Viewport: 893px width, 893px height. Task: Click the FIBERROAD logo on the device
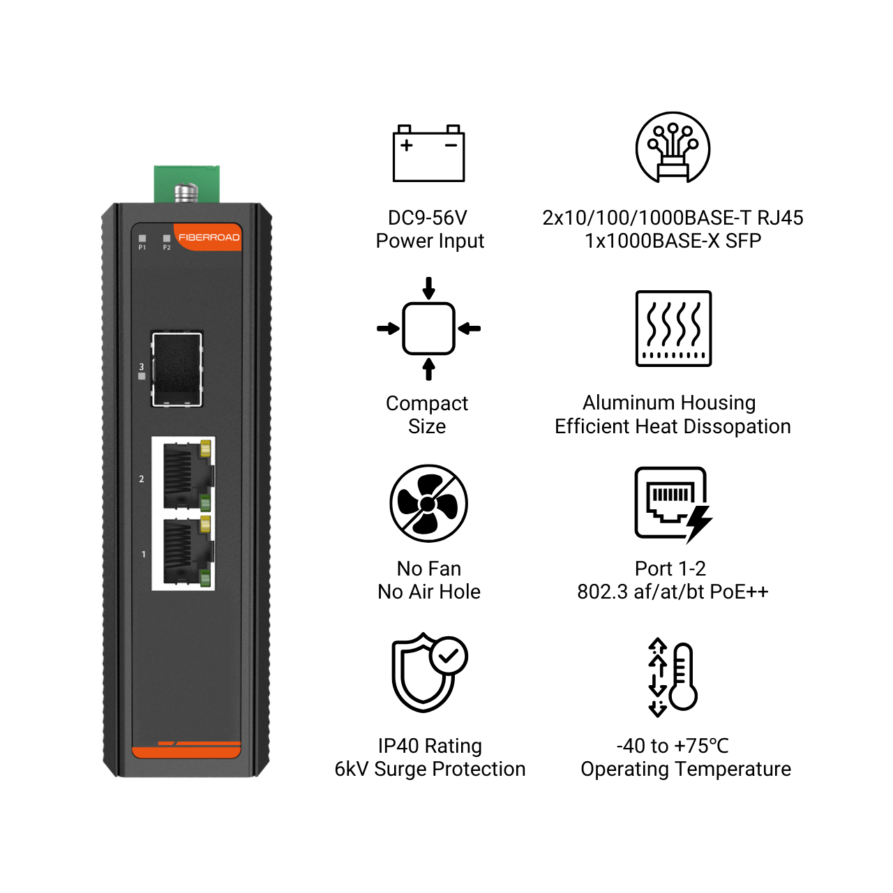209,237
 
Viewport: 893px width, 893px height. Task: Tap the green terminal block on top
187,184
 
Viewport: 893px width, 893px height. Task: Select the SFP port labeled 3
177,369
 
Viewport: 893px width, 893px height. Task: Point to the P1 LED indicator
142,238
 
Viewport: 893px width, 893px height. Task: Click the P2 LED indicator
167,238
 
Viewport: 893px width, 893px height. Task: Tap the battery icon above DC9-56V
428,153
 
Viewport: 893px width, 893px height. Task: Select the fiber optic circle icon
673,147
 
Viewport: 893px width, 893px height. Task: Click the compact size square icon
428,329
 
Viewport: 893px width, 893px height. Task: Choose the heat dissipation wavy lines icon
673,328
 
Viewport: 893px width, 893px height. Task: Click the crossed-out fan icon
428,503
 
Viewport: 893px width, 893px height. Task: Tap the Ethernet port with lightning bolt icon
673,504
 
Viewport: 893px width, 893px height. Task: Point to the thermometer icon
673,677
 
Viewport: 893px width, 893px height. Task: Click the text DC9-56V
427,218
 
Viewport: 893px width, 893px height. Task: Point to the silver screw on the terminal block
186,193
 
